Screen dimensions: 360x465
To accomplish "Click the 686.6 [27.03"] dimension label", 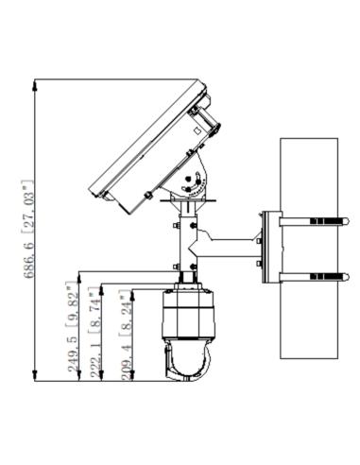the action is (x=28, y=229).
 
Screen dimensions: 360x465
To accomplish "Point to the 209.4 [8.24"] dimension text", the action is (x=126, y=335).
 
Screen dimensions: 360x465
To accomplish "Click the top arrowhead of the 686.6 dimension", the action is (x=35, y=85).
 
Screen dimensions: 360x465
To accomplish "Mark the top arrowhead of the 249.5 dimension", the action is (x=79, y=278).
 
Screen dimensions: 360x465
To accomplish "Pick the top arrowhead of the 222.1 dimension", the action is (x=101, y=290).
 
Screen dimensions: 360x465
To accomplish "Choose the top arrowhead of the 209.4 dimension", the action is (x=132, y=296).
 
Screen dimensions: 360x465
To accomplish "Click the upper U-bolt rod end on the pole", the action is (x=347, y=221).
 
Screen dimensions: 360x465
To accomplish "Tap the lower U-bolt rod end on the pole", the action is (x=347, y=277).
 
